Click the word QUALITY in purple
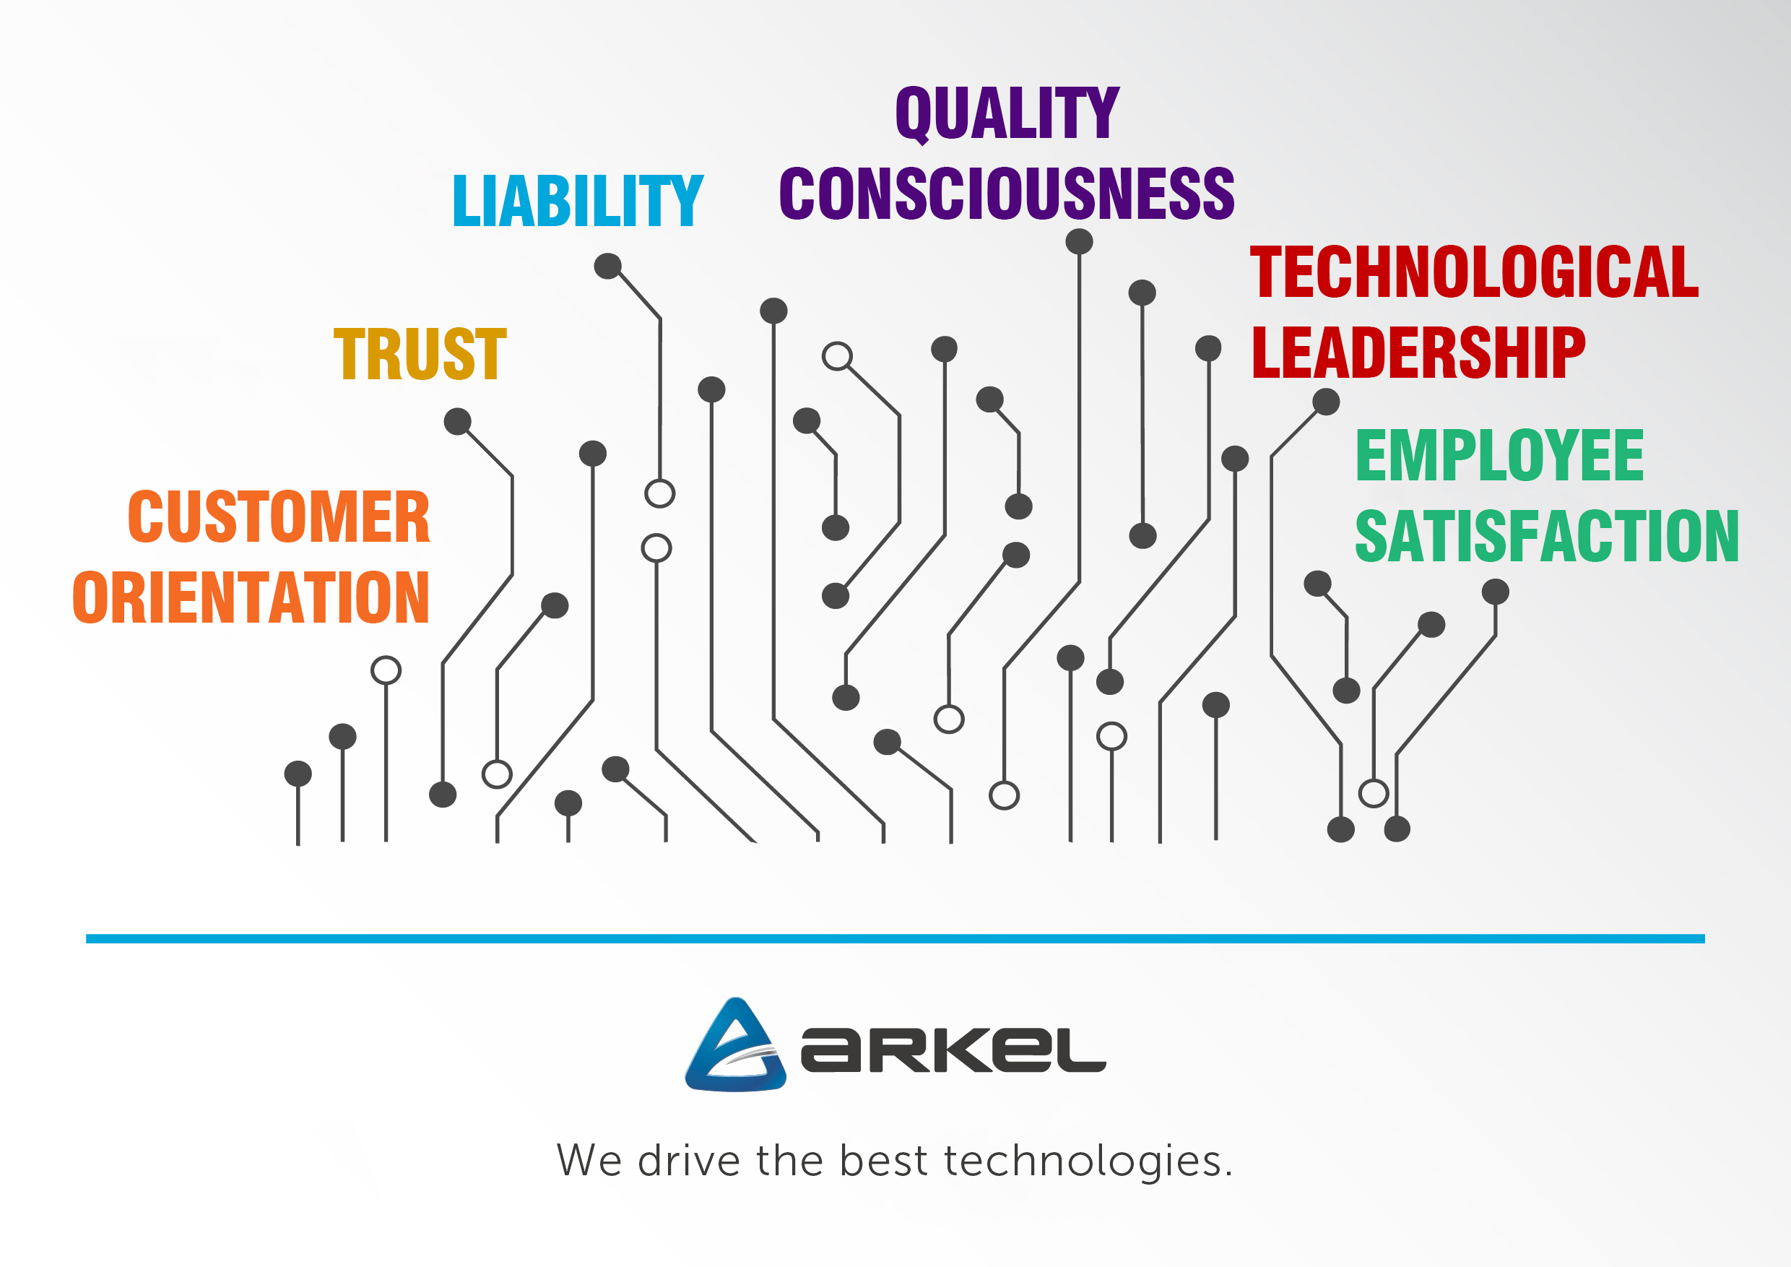tap(1007, 114)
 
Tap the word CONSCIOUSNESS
tap(1006, 193)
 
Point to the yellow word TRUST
tap(420, 354)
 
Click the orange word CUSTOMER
tap(279, 516)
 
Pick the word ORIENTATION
tap(251, 597)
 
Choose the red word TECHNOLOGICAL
tap(1473, 272)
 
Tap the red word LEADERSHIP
tap(1418, 353)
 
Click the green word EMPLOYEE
tap(1499, 456)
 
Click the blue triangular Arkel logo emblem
tap(734, 1045)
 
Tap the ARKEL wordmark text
tap(953, 1050)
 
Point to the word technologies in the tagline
tap(1083, 1161)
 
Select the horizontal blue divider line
tap(895, 938)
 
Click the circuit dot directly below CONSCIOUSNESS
tap(1079, 242)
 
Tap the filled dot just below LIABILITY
tap(607, 266)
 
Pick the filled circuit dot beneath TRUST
tap(457, 421)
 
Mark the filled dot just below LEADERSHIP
tap(1326, 402)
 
